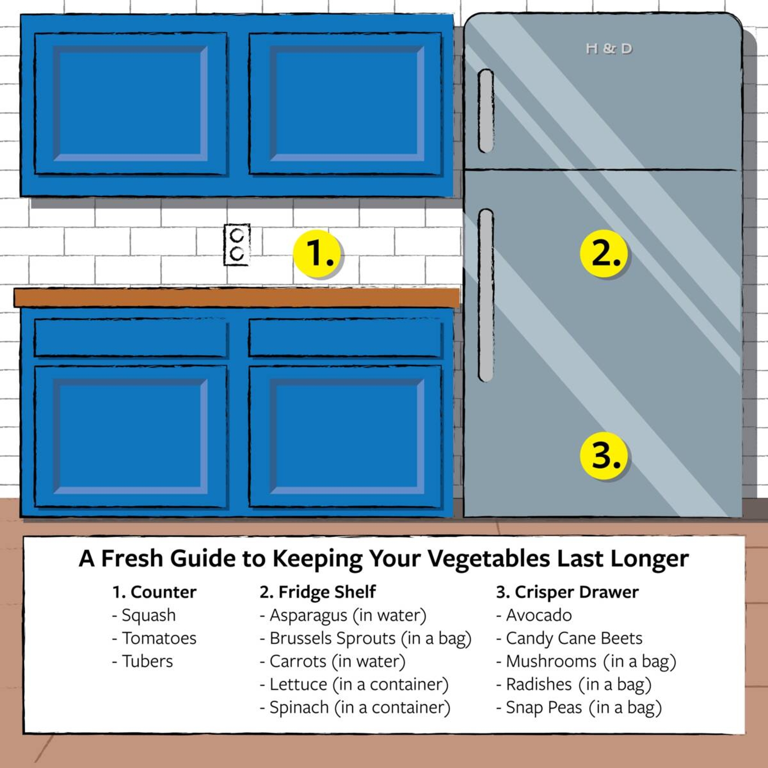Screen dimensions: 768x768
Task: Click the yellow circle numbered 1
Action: point(317,253)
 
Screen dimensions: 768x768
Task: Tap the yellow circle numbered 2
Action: point(603,253)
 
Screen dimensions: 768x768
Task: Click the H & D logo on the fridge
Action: point(609,49)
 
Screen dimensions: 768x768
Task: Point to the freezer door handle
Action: point(485,111)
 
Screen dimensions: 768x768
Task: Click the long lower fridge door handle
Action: point(486,295)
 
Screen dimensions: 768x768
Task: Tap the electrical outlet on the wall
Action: point(237,244)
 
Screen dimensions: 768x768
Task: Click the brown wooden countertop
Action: point(237,298)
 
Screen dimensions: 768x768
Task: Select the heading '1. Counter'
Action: point(154,592)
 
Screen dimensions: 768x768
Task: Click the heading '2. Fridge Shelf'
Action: point(317,592)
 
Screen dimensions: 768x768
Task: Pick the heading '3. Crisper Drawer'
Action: point(567,592)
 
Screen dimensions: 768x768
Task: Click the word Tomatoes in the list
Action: point(159,638)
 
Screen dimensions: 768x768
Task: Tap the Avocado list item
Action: point(538,615)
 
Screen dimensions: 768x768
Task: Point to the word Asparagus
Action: point(308,615)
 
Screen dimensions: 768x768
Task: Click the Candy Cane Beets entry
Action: point(574,638)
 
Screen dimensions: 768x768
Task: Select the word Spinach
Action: point(299,708)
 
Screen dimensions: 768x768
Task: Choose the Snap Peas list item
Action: point(543,708)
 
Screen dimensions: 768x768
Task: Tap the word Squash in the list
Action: point(148,615)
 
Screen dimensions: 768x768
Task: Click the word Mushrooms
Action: point(550,661)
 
